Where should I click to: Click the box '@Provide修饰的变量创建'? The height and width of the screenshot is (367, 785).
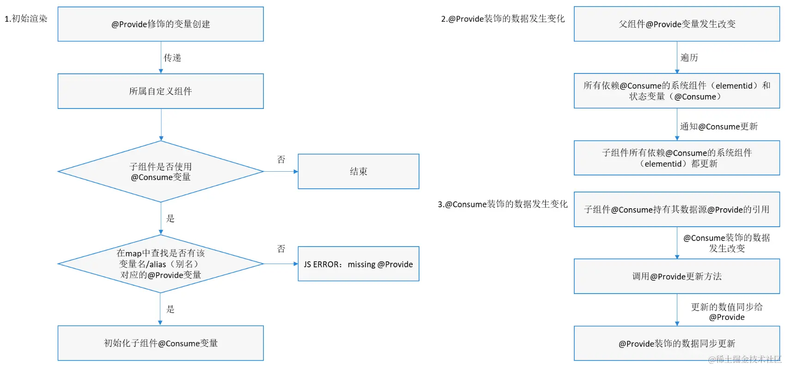click(160, 24)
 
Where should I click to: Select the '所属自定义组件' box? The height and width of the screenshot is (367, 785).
click(160, 91)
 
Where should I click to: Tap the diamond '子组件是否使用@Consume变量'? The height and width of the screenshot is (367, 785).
click(160, 172)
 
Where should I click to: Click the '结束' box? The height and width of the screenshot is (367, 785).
click(358, 171)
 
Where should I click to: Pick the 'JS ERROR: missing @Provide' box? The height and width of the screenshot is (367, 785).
click(358, 264)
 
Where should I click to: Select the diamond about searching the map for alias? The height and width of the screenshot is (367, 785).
click(160, 264)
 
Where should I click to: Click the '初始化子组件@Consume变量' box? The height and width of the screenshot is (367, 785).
click(160, 343)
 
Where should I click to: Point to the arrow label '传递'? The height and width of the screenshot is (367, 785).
click(172, 58)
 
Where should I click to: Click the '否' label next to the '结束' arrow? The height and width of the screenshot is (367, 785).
click(281, 160)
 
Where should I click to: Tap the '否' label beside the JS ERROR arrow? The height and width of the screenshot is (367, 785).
click(281, 249)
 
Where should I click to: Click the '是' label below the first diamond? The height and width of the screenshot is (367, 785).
click(170, 218)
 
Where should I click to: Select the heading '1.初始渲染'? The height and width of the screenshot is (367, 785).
click(26, 18)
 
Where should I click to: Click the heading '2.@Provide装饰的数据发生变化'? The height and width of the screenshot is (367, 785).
click(503, 18)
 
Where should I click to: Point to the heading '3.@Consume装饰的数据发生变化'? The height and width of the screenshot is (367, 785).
click(503, 204)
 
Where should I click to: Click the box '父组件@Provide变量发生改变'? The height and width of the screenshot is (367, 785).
click(677, 24)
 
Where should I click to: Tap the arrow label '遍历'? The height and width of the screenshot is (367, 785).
click(689, 58)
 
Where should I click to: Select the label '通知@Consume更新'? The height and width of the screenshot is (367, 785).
click(718, 126)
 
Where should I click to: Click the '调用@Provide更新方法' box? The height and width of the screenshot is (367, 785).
click(677, 276)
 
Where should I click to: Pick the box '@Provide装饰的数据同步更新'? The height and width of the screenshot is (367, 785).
click(677, 343)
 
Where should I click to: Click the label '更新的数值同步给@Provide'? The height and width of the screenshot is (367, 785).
click(727, 312)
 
